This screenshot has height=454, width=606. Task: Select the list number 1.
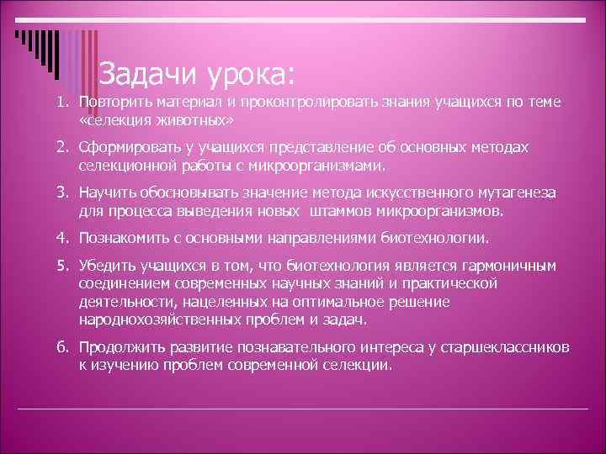62,102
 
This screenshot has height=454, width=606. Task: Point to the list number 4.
62,238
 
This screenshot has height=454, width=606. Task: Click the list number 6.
62,346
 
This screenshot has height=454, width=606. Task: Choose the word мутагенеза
513,193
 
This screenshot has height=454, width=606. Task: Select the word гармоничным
508,267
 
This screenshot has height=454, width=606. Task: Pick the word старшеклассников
496,347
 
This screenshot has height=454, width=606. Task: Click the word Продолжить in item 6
119,347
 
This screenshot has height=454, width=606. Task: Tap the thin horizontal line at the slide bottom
303,409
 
